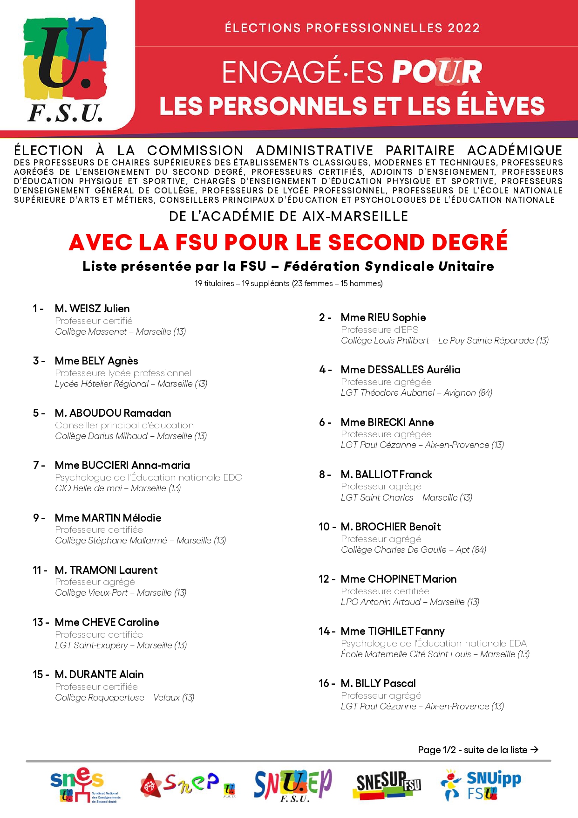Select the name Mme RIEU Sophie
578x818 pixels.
coord(383,317)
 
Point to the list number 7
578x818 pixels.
coord(36,465)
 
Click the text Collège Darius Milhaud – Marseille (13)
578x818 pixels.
coord(131,436)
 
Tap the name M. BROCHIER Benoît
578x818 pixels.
coord(390,527)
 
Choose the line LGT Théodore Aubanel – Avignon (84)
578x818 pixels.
coord(416,393)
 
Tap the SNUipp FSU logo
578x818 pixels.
coord(481,785)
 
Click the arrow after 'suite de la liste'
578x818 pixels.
coord(535,749)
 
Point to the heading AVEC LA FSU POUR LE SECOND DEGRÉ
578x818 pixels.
coord(288,242)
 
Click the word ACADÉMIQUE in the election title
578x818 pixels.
coord(515,151)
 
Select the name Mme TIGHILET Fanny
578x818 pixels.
coord(392,631)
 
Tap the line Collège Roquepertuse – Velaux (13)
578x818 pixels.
coord(124,698)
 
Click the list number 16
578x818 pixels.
coord(325,683)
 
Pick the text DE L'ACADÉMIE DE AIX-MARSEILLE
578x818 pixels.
coord(288,216)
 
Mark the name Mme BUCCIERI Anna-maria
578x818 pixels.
coord(122,465)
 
